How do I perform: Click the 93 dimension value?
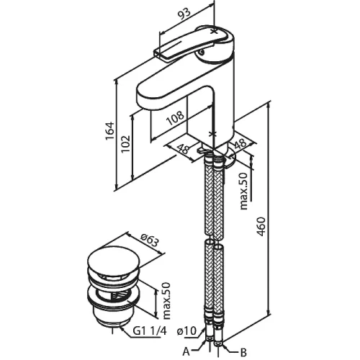pyautogui.click(x=184, y=14)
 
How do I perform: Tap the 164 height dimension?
pyautogui.click(x=109, y=131)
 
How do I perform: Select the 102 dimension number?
pyautogui.click(x=125, y=143)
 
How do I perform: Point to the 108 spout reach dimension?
pyautogui.click(x=176, y=118)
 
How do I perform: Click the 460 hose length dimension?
pyautogui.click(x=261, y=227)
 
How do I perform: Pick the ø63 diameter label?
pyautogui.click(x=150, y=240)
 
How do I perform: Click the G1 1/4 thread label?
pyautogui.click(x=150, y=331)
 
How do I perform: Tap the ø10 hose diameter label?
pyautogui.click(x=186, y=331)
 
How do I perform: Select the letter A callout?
pyautogui.click(x=186, y=352)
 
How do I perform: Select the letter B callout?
pyautogui.click(x=243, y=352)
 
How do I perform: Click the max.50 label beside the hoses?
pyautogui.click(x=243, y=192)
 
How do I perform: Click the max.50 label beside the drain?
pyautogui.click(x=166, y=301)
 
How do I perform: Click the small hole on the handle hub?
pyautogui.click(x=202, y=51)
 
